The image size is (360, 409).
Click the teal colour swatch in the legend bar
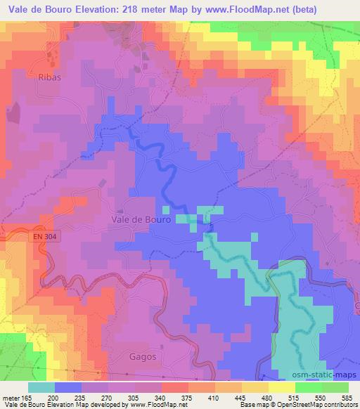coord(41,387)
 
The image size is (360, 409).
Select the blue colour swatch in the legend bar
coord(67,387)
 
